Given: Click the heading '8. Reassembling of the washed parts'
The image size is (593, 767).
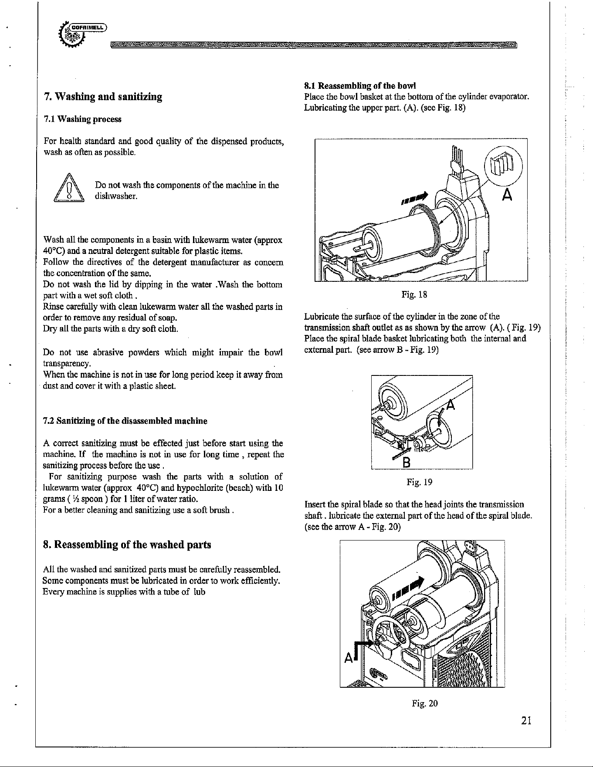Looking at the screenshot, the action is point(127,545).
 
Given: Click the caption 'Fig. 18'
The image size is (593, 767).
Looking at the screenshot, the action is point(414,295).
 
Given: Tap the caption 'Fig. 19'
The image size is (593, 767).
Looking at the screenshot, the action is point(419,482).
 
